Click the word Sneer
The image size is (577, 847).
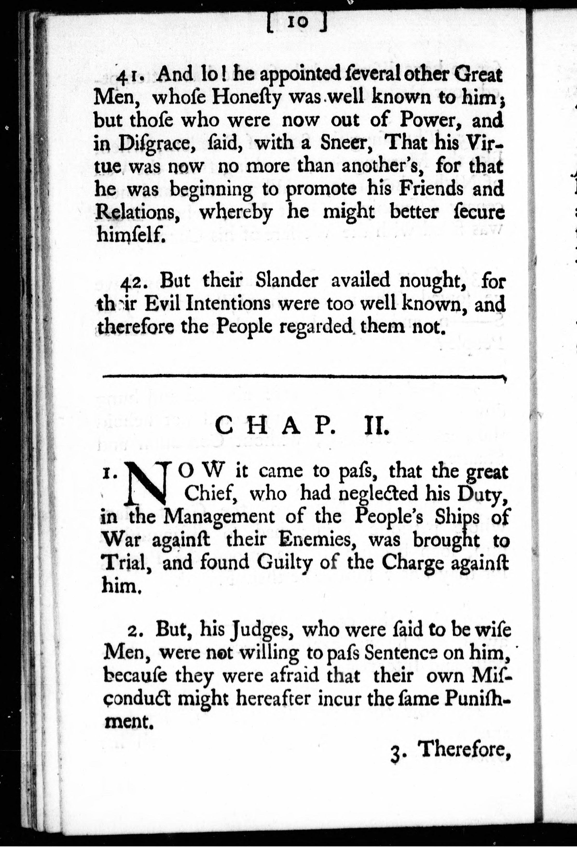[x=344, y=143]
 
